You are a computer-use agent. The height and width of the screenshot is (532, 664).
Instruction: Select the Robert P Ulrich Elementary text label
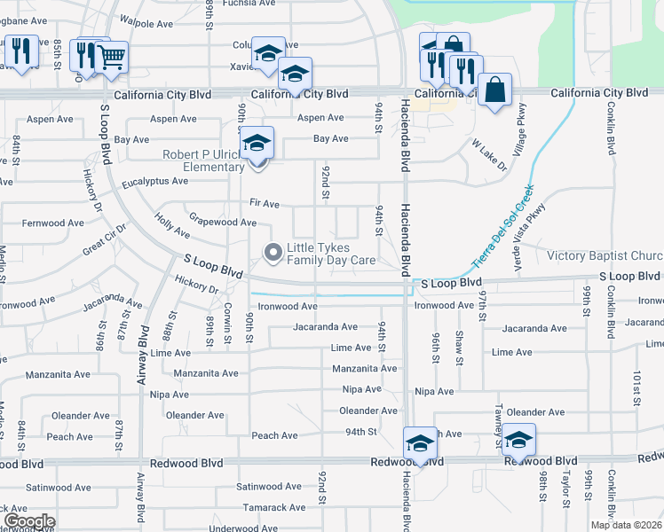203,160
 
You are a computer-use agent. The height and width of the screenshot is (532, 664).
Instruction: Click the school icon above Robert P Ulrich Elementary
257,143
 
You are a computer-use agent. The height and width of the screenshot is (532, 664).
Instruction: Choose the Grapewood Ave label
223,222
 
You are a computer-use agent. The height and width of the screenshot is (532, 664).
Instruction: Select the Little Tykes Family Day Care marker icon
273,254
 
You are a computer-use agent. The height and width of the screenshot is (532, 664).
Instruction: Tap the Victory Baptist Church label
605,255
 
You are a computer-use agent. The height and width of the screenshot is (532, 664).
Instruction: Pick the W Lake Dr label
488,154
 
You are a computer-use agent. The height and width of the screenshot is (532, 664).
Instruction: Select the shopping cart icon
111,58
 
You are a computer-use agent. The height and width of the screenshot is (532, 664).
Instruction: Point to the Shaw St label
459,348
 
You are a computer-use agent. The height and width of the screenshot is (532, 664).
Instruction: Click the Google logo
28,521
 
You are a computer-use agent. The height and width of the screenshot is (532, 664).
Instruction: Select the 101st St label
636,386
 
